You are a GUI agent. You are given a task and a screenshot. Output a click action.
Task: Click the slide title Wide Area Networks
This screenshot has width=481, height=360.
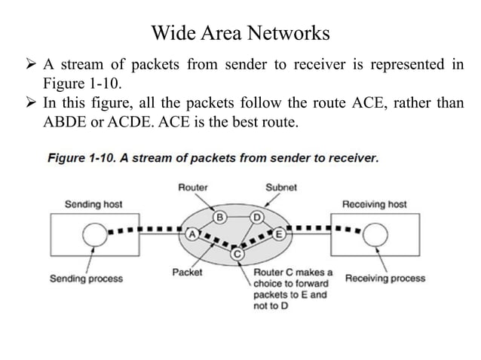240,33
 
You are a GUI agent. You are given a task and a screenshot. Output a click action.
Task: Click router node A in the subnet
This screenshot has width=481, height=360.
192,233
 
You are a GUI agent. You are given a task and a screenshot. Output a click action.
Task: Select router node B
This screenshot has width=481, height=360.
220,218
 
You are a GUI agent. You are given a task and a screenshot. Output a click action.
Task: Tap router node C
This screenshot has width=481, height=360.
237,255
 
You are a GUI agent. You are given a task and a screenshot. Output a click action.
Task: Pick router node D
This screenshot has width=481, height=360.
256,218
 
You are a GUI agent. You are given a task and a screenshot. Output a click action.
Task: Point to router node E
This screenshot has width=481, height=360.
279,234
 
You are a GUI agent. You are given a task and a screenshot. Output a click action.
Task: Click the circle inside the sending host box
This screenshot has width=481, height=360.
96,236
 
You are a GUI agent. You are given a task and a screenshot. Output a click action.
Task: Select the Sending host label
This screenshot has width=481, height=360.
93,204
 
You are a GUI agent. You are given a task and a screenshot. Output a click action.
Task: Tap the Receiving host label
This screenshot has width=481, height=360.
375,204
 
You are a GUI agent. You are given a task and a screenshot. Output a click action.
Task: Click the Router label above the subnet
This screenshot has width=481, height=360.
193,187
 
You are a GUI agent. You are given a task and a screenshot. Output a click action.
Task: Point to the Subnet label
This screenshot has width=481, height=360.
281,187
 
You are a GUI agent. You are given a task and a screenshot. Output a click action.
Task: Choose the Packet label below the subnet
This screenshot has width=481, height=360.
187,273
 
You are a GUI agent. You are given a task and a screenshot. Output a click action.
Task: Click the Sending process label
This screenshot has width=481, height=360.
86,279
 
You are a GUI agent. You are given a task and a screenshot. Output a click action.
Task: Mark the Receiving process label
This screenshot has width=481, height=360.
384,278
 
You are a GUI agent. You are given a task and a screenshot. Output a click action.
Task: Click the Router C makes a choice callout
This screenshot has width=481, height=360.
293,289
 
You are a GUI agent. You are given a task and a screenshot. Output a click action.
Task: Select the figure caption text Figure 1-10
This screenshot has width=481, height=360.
213,158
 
